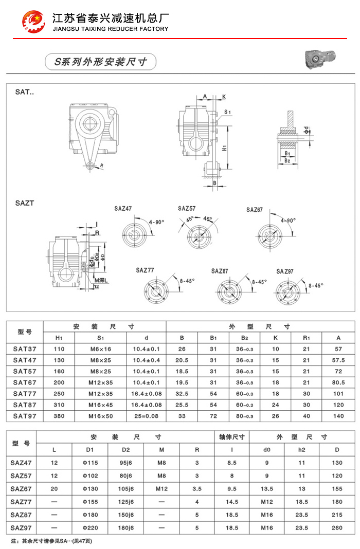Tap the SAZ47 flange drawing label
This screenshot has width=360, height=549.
(123, 209)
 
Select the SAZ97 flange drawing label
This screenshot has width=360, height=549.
(285, 271)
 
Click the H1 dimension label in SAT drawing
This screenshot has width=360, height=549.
(225, 148)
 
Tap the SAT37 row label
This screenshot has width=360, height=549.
(25, 349)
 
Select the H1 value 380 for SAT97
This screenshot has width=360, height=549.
(59, 416)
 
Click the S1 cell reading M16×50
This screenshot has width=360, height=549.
(101, 416)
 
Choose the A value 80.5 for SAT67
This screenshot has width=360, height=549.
(338, 382)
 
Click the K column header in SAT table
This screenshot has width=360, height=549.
(276, 338)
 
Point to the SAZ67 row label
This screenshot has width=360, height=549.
(21, 488)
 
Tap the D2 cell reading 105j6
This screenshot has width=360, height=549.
(126, 488)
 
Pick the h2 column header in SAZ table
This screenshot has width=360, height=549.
(302, 450)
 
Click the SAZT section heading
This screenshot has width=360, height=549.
(25, 203)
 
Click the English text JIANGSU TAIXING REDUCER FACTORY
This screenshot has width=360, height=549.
(111, 29)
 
